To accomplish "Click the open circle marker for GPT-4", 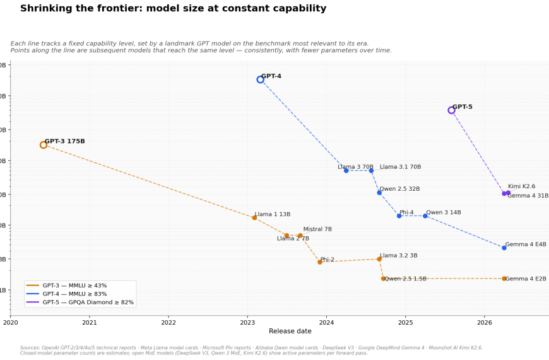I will point(260,80).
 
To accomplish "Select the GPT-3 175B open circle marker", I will point(44,145).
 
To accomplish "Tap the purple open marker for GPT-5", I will point(451,110).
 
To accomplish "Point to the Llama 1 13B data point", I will point(254,218).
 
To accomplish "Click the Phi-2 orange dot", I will point(320,261).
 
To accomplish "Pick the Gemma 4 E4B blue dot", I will point(504,248).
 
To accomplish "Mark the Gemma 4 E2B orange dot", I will point(504,279).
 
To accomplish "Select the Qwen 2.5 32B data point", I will point(379,193).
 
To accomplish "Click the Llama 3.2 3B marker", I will point(379,259).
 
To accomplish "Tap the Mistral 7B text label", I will point(317,229).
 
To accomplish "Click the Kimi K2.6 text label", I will point(521,186).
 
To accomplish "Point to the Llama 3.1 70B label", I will point(400,167).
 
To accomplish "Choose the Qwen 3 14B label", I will point(443,213).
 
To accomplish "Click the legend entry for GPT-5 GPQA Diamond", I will point(88,303).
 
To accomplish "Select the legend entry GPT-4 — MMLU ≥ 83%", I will point(75,294).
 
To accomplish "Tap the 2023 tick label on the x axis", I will point(247,322).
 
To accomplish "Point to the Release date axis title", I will point(290,331).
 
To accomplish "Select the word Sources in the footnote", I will point(30,347).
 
